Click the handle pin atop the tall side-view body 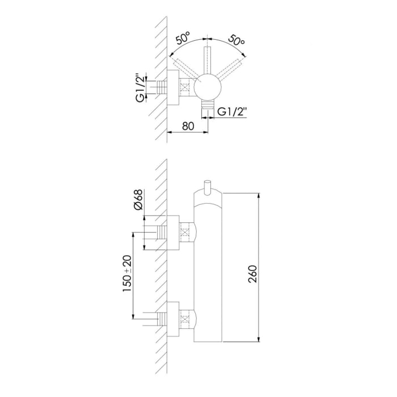pos(208,186)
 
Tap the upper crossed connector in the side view pos(185,232)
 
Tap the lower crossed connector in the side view pos(185,319)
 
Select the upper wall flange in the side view pos(174,232)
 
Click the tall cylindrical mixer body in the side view pos(208,272)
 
